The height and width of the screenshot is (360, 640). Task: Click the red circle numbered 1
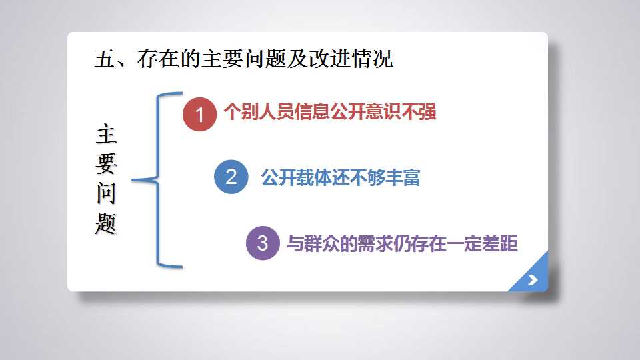point(199,114)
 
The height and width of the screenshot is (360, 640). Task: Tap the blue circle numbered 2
point(231,177)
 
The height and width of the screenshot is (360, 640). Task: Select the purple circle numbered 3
point(263,243)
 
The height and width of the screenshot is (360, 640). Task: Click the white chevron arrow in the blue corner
point(533,279)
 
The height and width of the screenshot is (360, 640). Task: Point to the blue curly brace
point(158,179)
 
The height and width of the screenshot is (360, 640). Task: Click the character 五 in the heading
point(105,59)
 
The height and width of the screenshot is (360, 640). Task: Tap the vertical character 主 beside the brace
point(106,133)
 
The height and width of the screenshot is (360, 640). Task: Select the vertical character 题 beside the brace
point(106,223)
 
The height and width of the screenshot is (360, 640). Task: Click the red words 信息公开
point(330,111)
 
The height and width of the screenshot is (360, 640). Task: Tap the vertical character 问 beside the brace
point(106,193)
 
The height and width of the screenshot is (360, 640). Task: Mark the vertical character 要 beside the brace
point(106,163)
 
